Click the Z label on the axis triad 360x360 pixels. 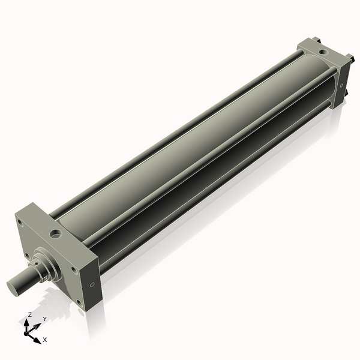[30, 314]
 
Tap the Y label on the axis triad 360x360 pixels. [44, 319]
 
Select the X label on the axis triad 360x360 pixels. [45, 340]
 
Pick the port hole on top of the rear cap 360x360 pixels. [323, 52]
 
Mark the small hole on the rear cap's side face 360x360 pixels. [343, 85]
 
